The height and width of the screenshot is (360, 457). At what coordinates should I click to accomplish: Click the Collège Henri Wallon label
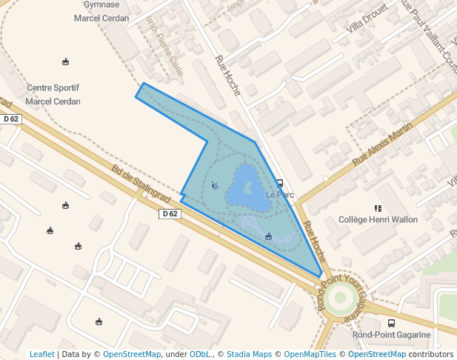click(378, 220)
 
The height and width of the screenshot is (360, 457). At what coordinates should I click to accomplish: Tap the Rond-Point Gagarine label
click(391, 335)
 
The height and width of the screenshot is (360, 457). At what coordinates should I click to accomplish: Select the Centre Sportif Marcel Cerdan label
click(53, 95)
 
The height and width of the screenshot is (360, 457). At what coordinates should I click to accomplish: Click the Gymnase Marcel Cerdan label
click(101, 11)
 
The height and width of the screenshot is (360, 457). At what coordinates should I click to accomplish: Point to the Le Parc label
click(280, 195)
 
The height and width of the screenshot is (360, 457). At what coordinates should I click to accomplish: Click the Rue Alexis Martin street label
click(382, 144)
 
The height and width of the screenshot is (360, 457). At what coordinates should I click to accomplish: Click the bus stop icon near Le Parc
click(280, 183)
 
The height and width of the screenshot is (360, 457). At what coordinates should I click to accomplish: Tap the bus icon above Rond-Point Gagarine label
click(391, 323)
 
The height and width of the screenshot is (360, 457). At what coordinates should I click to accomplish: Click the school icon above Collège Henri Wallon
click(378, 208)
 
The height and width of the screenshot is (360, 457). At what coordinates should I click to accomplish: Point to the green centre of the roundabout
click(341, 299)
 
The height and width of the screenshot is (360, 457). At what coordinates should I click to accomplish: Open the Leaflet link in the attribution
click(41, 354)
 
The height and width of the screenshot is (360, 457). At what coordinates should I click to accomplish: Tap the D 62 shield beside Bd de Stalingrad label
click(170, 214)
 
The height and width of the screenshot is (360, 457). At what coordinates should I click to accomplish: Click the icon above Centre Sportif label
click(66, 61)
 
